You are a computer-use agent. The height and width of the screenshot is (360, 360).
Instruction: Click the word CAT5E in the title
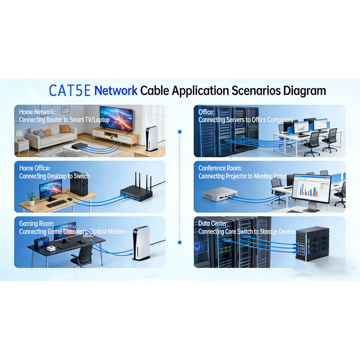click(x=70, y=91)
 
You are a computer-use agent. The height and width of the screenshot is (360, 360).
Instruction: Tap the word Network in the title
click(x=115, y=91)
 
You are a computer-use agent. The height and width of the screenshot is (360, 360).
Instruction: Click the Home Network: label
click(x=37, y=112)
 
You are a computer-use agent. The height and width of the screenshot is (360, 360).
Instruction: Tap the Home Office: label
click(x=34, y=168)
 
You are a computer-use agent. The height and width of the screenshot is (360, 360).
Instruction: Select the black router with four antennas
click(x=137, y=192)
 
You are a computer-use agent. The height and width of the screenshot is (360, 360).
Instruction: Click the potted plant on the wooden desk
click(x=31, y=198)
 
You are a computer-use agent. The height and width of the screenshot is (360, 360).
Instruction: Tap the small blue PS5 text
click(x=88, y=233)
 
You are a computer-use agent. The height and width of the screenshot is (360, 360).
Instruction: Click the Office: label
click(x=206, y=112)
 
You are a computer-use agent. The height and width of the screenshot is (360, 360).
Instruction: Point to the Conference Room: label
click(x=220, y=168)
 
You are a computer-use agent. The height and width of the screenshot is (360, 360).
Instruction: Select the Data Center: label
click(x=213, y=223)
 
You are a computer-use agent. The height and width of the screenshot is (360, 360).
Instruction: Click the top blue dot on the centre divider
click(x=180, y=132)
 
